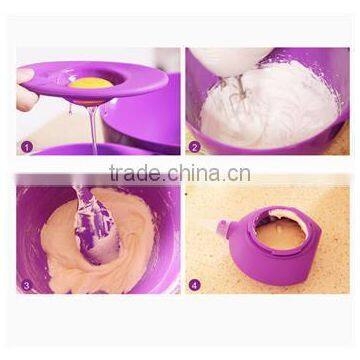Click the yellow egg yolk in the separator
(x=90, y=82)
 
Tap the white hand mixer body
(x=225, y=57)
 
